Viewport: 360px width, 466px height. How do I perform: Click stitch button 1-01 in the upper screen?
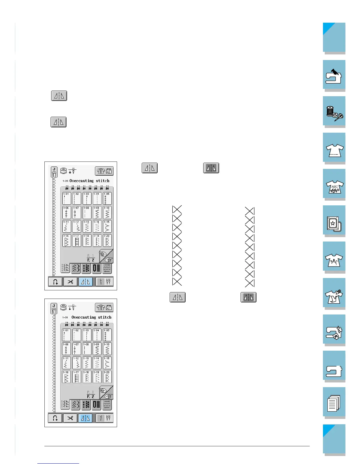pyautogui.click(x=67, y=198)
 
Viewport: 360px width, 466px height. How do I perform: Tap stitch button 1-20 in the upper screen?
pyautogui.click(x=107, y=240)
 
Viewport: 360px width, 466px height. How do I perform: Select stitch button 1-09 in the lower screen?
pyautogui.click(x=97, y=349)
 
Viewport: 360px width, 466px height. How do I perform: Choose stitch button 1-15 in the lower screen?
pyautogui.click(x=107, y=363)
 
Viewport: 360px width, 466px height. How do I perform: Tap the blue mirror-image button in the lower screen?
pyautogui.click(x=85, y=418)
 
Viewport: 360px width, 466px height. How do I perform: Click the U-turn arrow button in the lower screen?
pyautogui.click(x=55, y=418)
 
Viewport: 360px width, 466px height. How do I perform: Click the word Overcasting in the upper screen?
pyautogui.click(x=81, y=181)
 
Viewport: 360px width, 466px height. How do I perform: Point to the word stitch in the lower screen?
pyautogui.click(x=105, y=317)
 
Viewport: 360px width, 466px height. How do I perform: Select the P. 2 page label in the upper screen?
pyautogui.click(x=91, y=260)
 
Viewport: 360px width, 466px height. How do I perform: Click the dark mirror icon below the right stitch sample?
pyautogui.click(x=249, y=297)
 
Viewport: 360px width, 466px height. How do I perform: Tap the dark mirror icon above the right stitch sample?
pyautogui.click(x=211, y=168)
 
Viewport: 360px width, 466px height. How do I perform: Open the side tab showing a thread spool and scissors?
pyautogui.click(x=334, y=112)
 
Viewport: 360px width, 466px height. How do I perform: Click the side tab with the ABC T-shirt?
pyautogui.click(x=334, y=184)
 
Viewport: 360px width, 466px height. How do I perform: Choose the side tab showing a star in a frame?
pyautogui.click(x=334, y=221)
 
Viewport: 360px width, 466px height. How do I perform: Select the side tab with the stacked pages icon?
pyautogui.click(x=334, y=403)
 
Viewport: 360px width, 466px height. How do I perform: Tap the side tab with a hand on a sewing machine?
pyautogui.click(x=334, y=76)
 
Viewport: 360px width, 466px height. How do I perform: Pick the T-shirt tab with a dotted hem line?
pyautogui.click(x=334, y=148)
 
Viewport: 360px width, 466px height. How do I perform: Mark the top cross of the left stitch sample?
pyautogui.click(x=177, y=209)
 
